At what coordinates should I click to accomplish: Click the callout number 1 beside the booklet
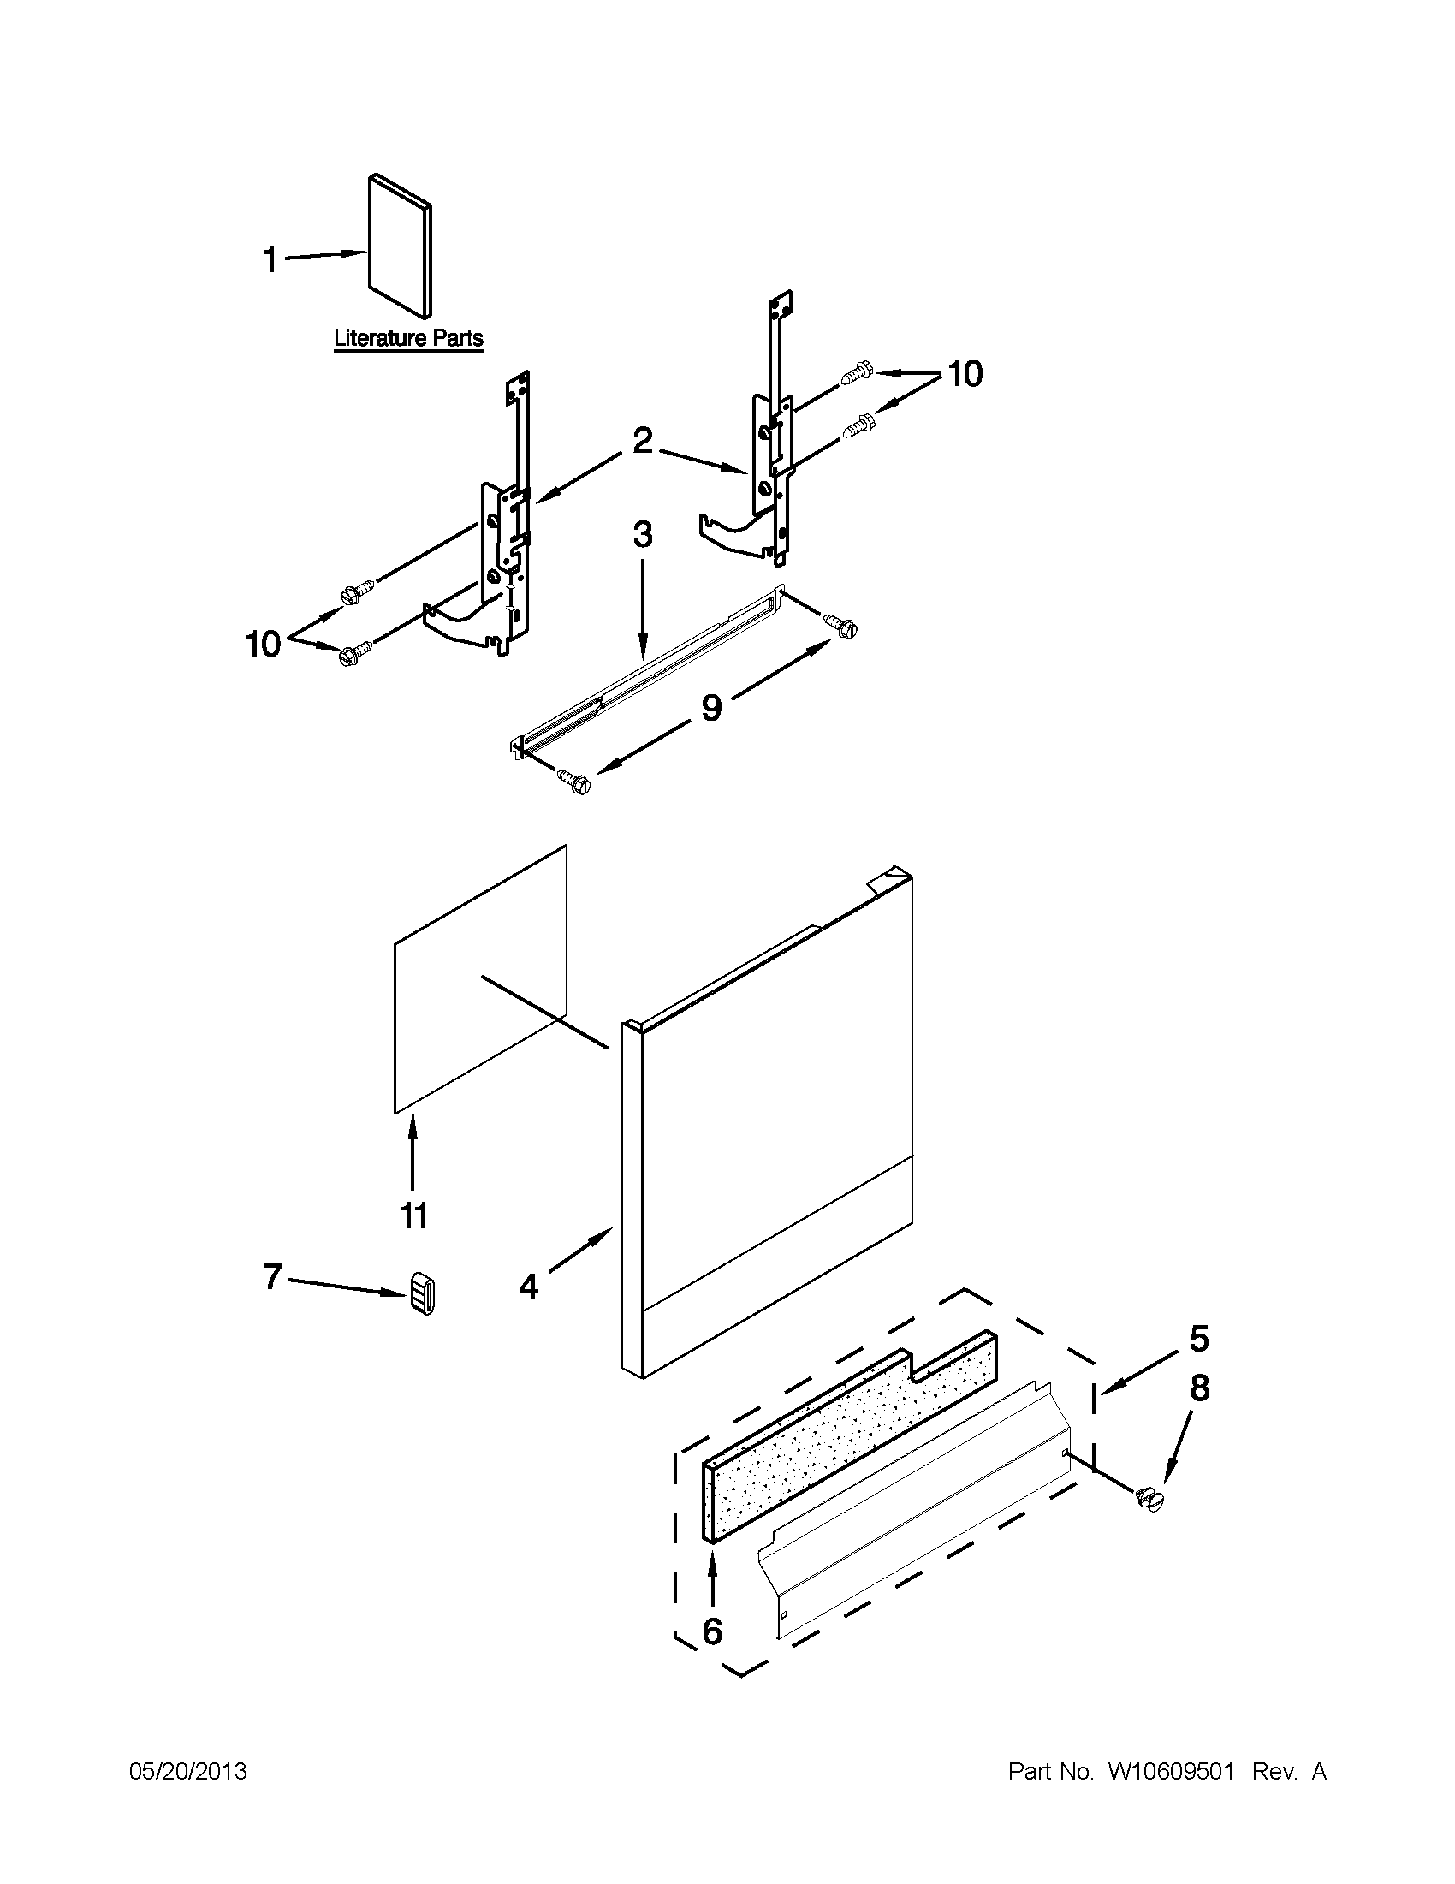coord(270,259)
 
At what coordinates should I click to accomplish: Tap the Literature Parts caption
coord(408,338)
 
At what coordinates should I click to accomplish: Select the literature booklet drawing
coord(400,247)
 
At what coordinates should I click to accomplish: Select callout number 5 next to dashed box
coord(1199,1338)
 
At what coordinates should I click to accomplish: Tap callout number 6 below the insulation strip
coord(712,1631)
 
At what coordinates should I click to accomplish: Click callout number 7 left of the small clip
coord(272,1276)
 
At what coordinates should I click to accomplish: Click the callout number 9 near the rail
coord(710,707)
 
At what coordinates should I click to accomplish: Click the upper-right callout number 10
coord(965,374)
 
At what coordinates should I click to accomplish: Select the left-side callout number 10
coord(264,644)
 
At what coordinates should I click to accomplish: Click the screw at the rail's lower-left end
coord(574,782)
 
